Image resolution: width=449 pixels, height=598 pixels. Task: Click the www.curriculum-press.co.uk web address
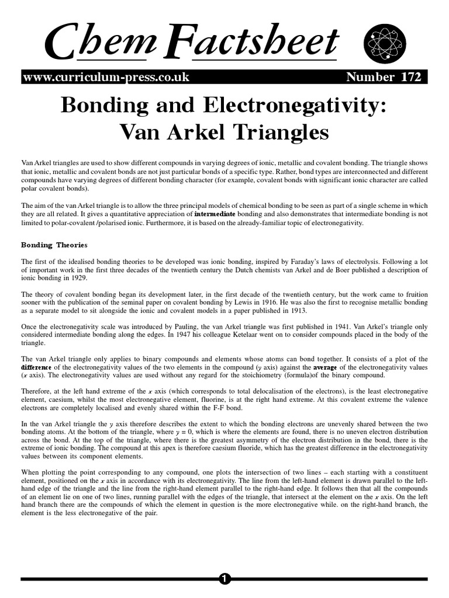coord(105,78)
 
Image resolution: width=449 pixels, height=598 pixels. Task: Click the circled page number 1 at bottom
coord(224,579)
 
